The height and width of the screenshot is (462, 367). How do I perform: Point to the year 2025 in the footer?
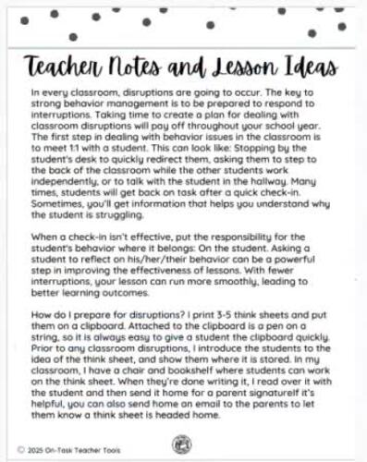coord(43,450)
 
